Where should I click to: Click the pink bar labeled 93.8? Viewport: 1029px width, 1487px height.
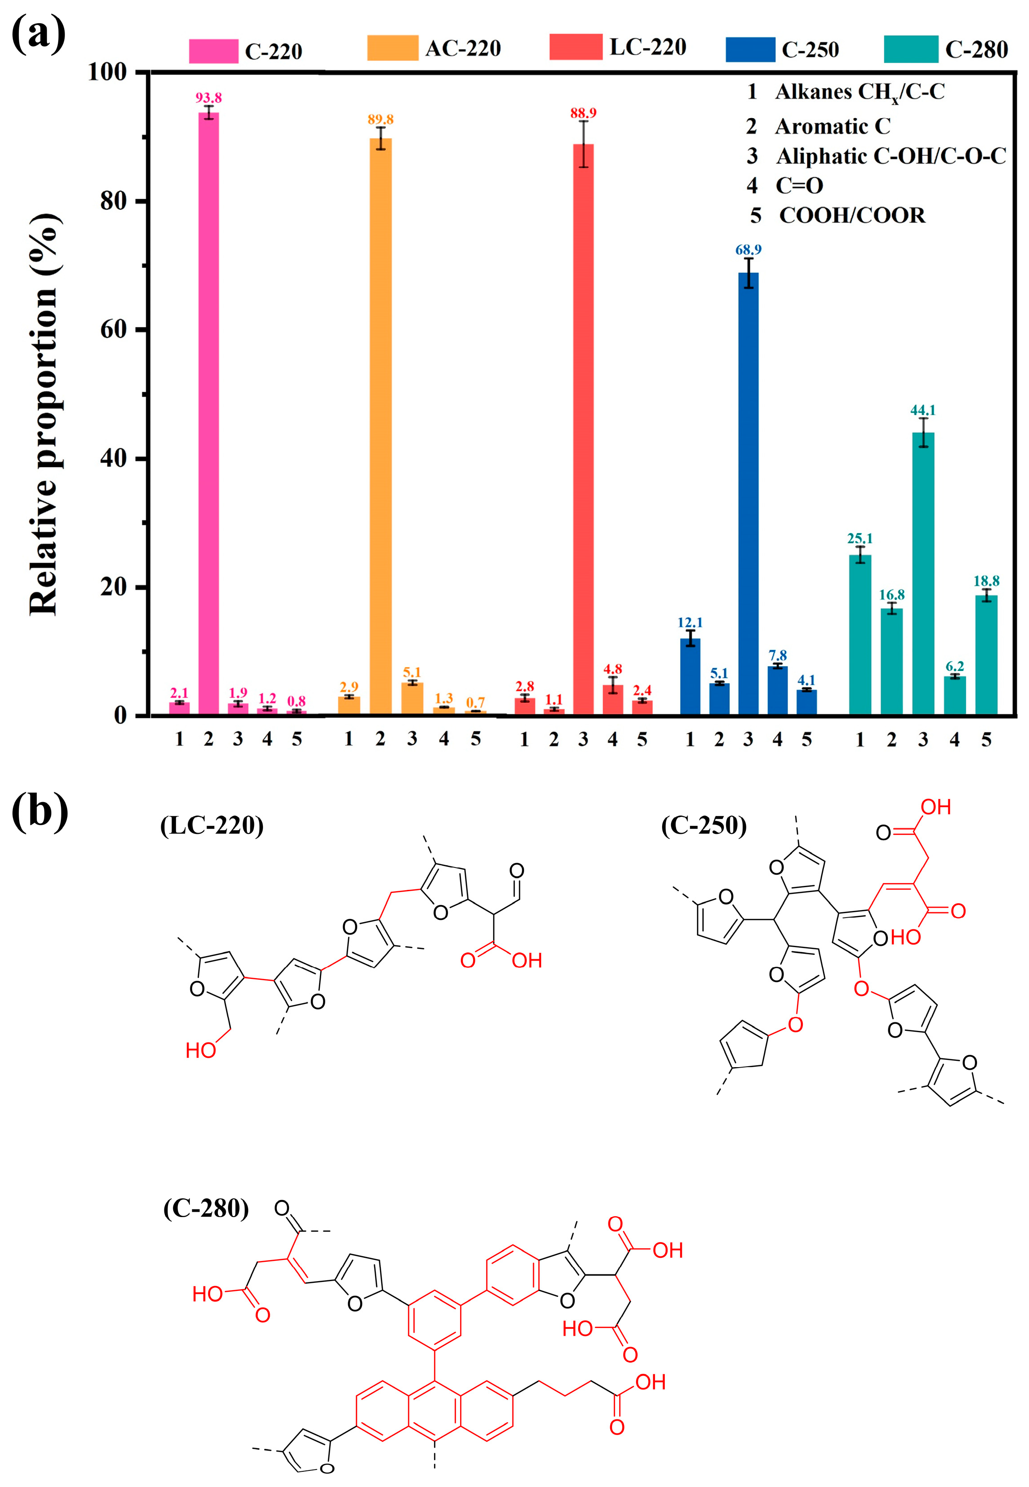click(x=208, y=412)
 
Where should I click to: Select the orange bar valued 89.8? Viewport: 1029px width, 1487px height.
click(x=380, y=425)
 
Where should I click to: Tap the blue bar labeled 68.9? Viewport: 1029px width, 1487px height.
click(x=748, y=493)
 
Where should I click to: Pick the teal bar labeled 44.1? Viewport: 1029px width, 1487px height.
click(x=923, y=573)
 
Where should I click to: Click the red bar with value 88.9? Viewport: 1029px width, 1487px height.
click(x=583, y=428)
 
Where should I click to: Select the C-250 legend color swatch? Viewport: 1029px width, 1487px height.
click(x=750, y=50)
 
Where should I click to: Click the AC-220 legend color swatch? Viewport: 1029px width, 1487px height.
click(x=392, y=48)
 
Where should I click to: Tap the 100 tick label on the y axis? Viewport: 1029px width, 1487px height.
click(x=107, y=72)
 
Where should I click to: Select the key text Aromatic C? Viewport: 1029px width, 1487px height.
click(x=832, y=126)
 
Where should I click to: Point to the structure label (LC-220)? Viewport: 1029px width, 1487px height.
click(x=211, y=825)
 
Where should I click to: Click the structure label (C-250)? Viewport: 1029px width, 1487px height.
click(x=703, y=825)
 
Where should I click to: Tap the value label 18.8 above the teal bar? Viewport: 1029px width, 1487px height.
click(x=986, y=581)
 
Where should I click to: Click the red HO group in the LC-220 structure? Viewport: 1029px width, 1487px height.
click(x=201, y=1050)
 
